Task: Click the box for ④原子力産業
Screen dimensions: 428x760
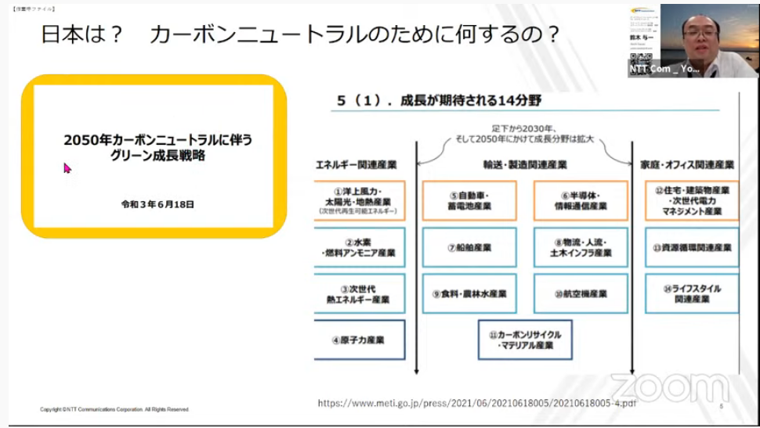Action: click(358, 340)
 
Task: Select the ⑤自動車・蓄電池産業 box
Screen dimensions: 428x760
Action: click(469, 201)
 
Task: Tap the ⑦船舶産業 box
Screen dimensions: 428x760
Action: click(469, 247)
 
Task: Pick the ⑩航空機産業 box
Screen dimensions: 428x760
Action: click(581, 293)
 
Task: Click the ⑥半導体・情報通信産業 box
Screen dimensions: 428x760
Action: click(581, 201)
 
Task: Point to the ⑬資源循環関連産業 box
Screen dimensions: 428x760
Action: click(692, 247)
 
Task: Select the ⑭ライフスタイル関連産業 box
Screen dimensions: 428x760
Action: click(692, 293)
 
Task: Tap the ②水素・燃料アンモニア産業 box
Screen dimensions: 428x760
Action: click(358, 247)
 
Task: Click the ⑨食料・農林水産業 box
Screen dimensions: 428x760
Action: click(469, 293)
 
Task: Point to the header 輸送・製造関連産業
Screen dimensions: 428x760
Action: click(524, 165)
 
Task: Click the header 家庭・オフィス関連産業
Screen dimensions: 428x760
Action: click(693, 165)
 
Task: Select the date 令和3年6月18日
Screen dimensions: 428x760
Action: click(157, 204)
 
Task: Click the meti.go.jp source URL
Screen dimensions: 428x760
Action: click(476, 403)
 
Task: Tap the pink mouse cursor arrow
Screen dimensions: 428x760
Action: click(67, 167)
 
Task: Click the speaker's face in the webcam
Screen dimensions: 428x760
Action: click(700, 34)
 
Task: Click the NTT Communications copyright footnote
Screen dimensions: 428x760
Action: click(114, 409)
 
